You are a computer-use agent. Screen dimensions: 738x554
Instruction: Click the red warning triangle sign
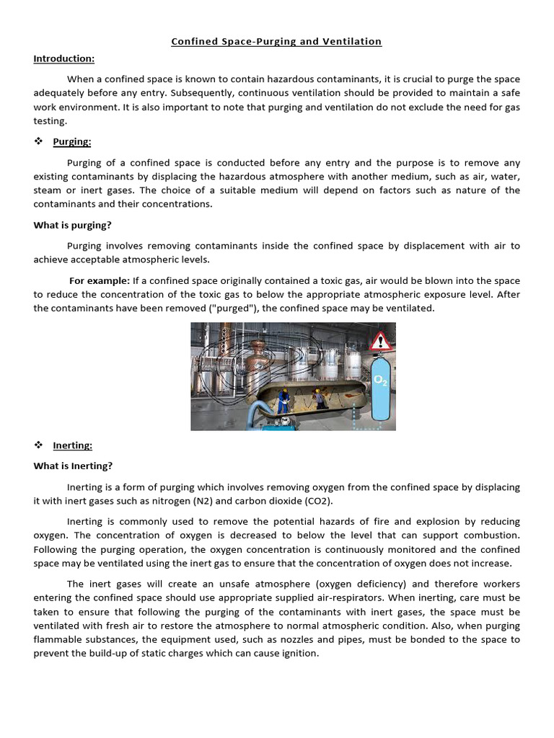(380, 340)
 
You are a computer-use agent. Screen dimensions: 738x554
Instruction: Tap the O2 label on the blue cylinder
(380, 380)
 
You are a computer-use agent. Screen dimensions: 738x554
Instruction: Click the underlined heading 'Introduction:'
(63, 58)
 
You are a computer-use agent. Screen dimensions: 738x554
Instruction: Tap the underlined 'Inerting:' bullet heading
(73, 445)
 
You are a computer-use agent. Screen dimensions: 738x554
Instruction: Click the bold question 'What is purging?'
(72, 225)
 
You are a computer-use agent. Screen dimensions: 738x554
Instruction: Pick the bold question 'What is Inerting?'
(73, 466)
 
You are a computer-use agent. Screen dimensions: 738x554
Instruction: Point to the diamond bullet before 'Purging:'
(39, 141)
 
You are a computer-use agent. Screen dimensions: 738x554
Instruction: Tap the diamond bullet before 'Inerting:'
(39, 445)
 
